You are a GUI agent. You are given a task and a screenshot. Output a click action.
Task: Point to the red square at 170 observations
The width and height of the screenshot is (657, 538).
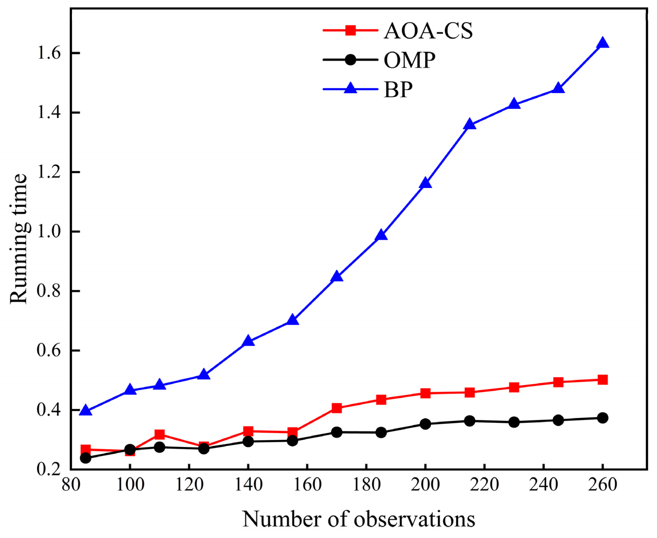[x=337, y=408]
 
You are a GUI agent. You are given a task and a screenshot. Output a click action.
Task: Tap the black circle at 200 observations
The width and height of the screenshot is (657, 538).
[x=425, y=424]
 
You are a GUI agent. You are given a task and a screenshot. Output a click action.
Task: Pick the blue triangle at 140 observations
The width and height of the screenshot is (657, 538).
[x=248, y=342]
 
